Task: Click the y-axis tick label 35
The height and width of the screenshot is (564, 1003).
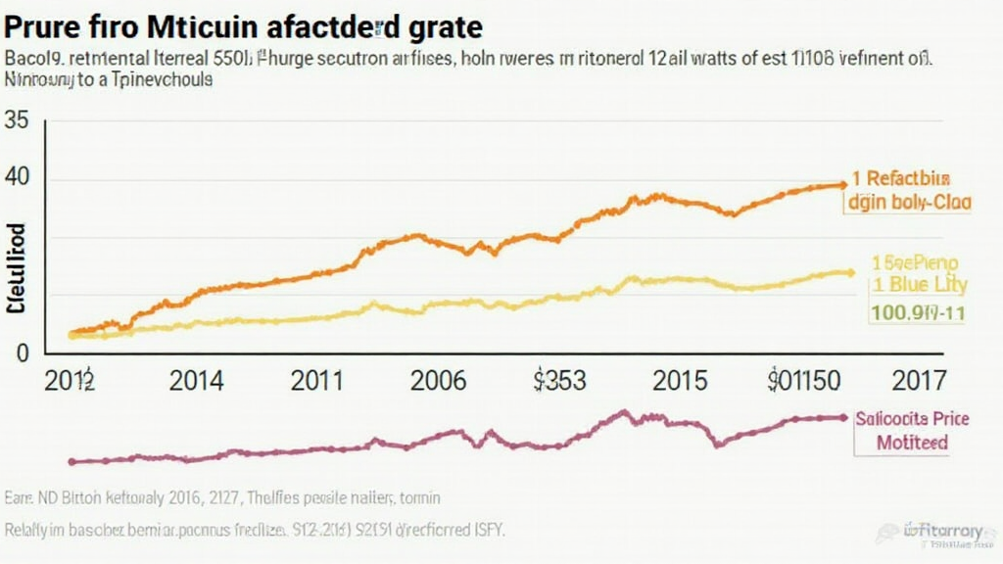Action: pyautogui.click(x=18, y=121)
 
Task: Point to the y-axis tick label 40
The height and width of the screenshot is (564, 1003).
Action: pyautogui.click(x=18, y=180)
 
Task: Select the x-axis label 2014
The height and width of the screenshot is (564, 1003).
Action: pyautogui.click(x=196, y=381)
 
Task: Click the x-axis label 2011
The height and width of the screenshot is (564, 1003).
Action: pyautogui.click(x=318, y=381)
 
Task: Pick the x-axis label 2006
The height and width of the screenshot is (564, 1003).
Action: pyautogui.click(x=439, y=381)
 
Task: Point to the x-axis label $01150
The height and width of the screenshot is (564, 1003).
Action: pyautogui.click(x=804, y=381)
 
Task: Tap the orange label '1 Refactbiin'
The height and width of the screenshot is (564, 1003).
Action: pyautogui.click(x=900, y=179)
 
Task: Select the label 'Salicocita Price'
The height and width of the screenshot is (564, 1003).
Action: pyautogui.click(x=912, y=418)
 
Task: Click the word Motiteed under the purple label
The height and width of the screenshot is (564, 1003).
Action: pyautogui.click(x=912, y=442)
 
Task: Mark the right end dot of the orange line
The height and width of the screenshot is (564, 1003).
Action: pyautogui.click(x=841, y=184)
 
